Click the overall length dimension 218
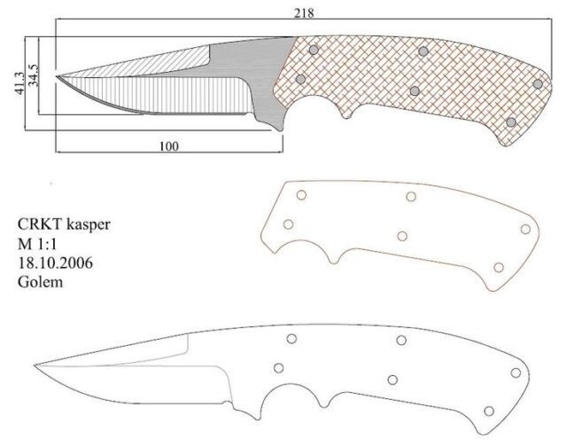(306, 13)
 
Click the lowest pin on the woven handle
(509, 122)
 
